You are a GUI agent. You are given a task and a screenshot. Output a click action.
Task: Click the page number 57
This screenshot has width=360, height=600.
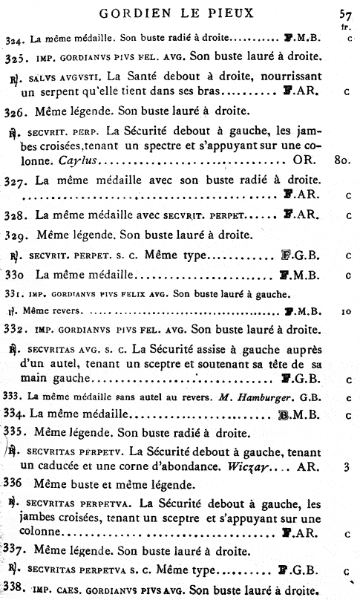(x=344, y=13)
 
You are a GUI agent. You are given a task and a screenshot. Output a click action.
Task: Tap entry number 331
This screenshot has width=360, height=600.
(x=13, y=293)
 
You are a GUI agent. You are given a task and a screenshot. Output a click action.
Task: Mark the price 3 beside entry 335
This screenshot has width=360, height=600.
(x=347, y=468)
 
